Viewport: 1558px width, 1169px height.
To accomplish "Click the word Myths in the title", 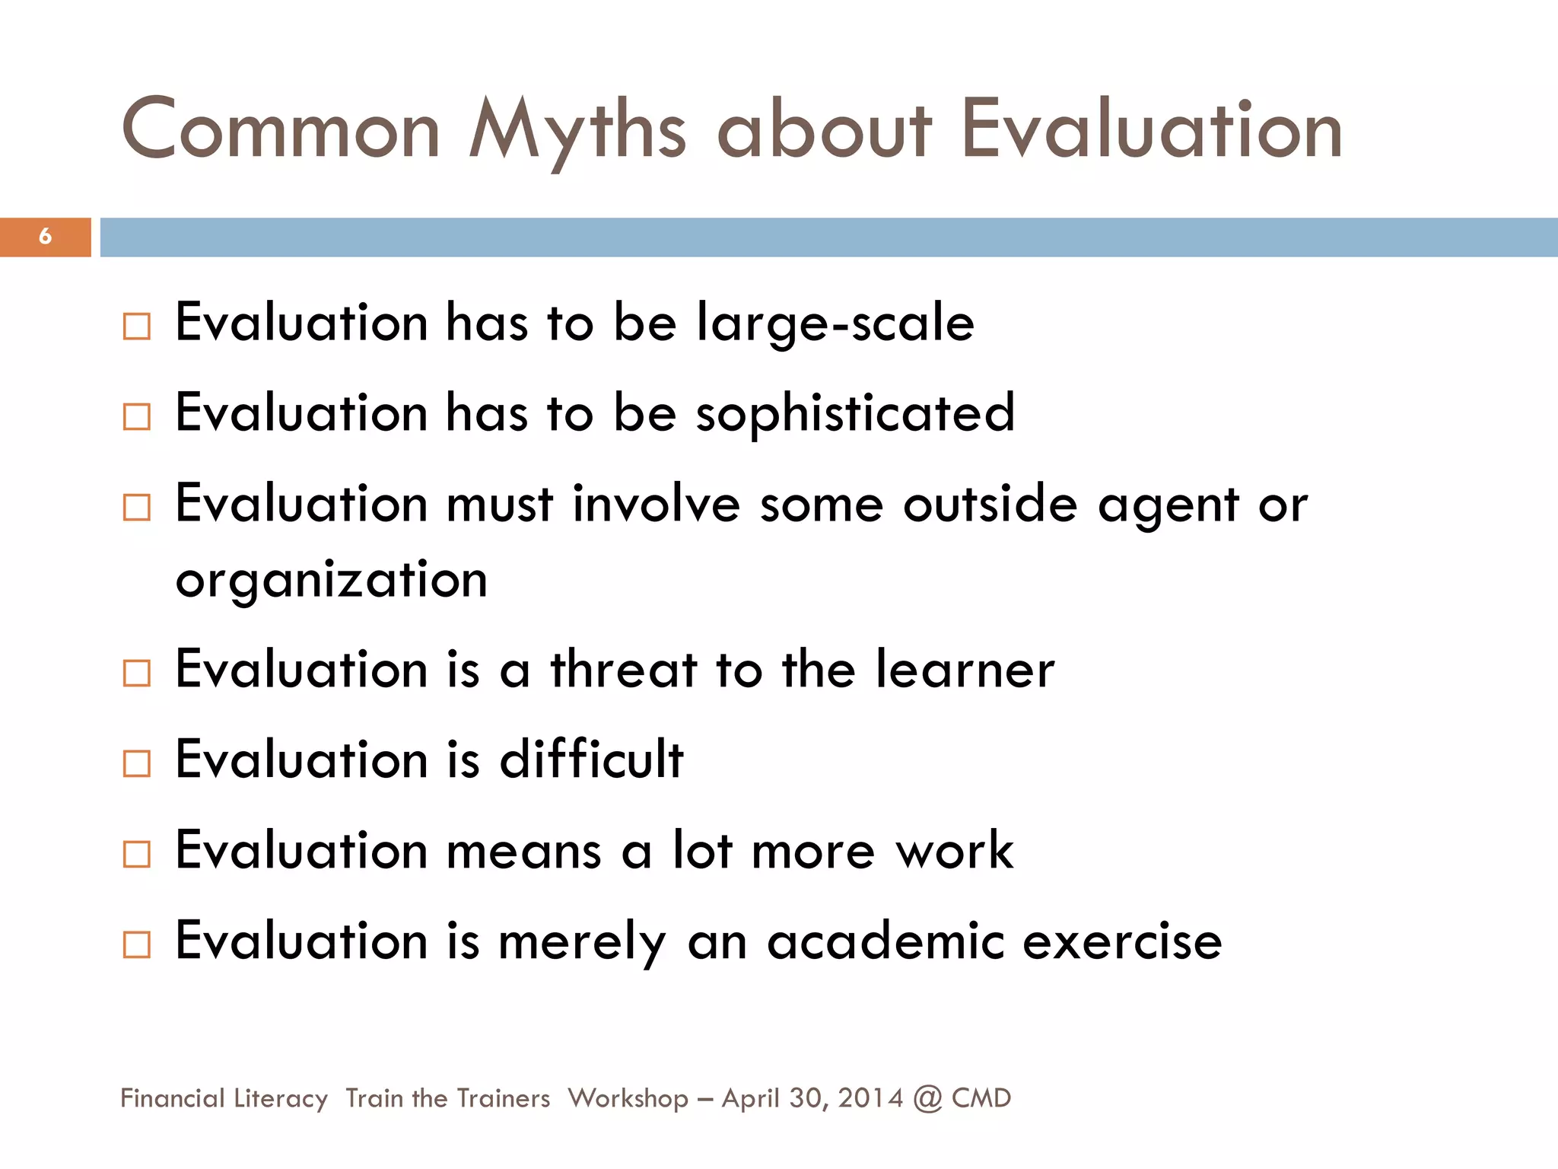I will click(577, 131).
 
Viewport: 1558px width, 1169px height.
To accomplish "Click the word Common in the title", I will click(281, 131).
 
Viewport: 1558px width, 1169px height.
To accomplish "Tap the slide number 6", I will click(45, 237).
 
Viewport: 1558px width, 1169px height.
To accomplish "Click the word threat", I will click(624, 671).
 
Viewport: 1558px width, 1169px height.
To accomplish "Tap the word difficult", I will click(591, 760).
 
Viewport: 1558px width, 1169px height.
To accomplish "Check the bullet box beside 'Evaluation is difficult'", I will click(137, 763).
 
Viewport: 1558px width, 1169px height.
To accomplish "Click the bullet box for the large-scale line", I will click(137, 326).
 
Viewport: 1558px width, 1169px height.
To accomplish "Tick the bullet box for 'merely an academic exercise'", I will click(137, 944).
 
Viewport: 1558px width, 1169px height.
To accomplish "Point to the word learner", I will click(965, 671).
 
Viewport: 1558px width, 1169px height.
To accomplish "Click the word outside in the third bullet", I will click(990, 505).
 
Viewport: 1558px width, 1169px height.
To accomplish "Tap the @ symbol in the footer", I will click(927, 1099).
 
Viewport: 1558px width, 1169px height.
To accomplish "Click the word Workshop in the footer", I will click(628, 1099).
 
